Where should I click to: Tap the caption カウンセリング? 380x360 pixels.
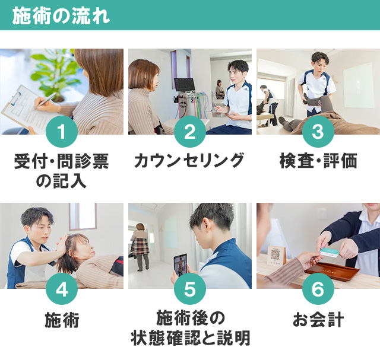tap(189, 161)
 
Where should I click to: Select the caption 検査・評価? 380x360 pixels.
tap(318, 161)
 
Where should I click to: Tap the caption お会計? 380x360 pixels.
tap(318, 321)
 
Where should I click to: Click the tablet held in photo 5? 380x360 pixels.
tap(179, 265)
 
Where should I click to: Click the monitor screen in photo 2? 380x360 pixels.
tap(184, 84)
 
